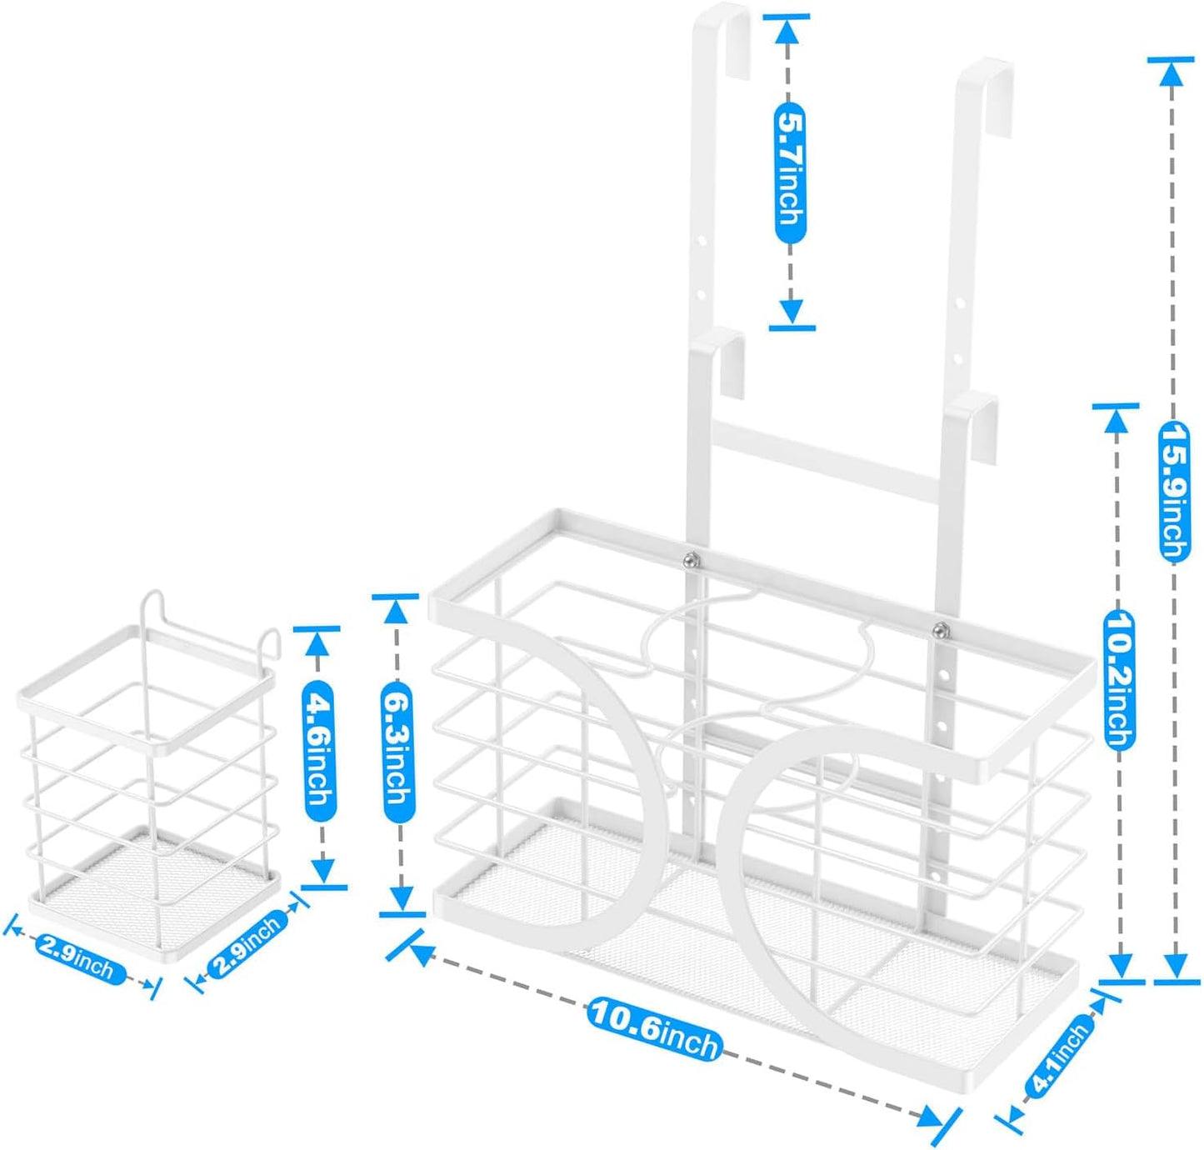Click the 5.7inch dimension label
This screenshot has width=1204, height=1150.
(x=789, y=171)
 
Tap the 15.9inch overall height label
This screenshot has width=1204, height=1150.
(x=1174, y=492)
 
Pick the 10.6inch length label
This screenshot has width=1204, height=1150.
(x=655, y=1028)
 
